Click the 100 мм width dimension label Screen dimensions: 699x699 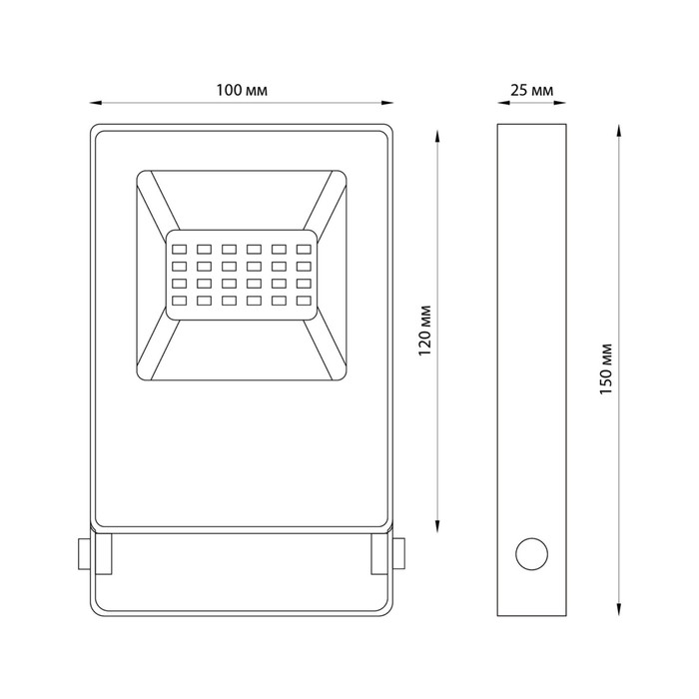[242, 91]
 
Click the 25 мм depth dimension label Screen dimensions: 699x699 [532, 91]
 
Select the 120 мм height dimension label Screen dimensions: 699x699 [425, 331]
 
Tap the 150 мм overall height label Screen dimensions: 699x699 [606, 369]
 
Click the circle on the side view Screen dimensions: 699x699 [532, 554]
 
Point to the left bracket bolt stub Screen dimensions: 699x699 [84, 554]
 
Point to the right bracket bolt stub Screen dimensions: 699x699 [398, 554]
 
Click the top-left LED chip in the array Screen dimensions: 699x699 [179, 250]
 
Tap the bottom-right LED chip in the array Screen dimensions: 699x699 [304, 301]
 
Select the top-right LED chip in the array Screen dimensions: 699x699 [304, 250]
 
